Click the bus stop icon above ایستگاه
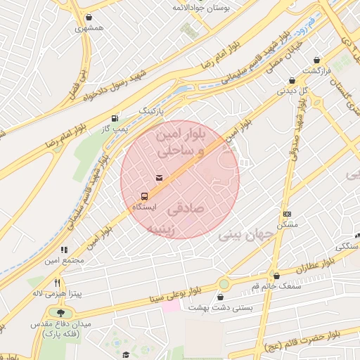point(144,196)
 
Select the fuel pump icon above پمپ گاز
point(115,118)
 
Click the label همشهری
point(91,28)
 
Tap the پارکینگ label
point(150,111)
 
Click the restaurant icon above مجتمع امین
point(64,250)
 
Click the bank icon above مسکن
point(287,213)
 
